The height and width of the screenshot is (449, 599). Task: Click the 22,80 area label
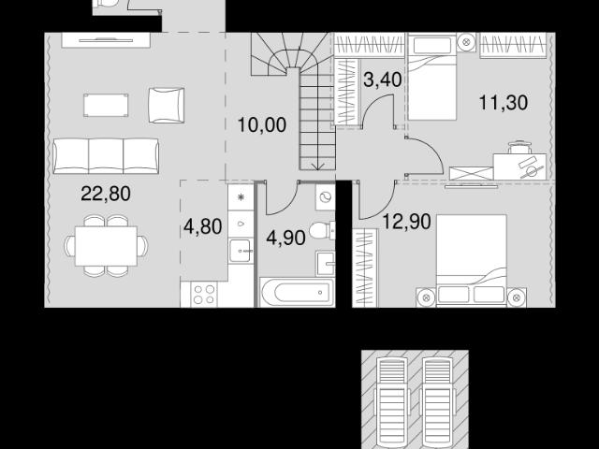[x=106, y=194]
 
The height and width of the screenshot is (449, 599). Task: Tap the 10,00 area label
[x=262, y=124]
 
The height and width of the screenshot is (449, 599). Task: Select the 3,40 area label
[x=383, y=80]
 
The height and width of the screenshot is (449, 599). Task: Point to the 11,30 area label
[x=504, y=102]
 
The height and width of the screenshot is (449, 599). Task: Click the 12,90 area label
[x=406, y=222]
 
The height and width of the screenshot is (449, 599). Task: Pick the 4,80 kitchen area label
[x=202, y=226]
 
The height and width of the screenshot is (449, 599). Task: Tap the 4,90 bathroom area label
[x=285, y=238]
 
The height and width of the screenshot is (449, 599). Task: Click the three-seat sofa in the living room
[x=106, y=156]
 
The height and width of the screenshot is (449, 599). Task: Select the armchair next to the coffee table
[x=167, y=106]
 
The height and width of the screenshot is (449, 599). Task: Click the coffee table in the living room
[x=106, y=105]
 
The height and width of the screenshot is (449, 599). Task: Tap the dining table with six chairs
[x=106, y=246]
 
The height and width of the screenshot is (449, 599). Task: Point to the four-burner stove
[x=204, y=294]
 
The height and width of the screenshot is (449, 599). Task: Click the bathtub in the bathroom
[x=297, y=293]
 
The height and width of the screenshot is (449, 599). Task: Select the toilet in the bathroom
[x=322, y=231]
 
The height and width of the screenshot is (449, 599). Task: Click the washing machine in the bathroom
[x=326, y=197]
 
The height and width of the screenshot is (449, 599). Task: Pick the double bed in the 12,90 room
[x=472, y=260]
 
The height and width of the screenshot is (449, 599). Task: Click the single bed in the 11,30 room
[x=432, y=77]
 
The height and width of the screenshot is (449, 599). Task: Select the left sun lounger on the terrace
[x=392, y=403]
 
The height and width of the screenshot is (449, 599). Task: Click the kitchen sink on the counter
[x=241, y=251]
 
